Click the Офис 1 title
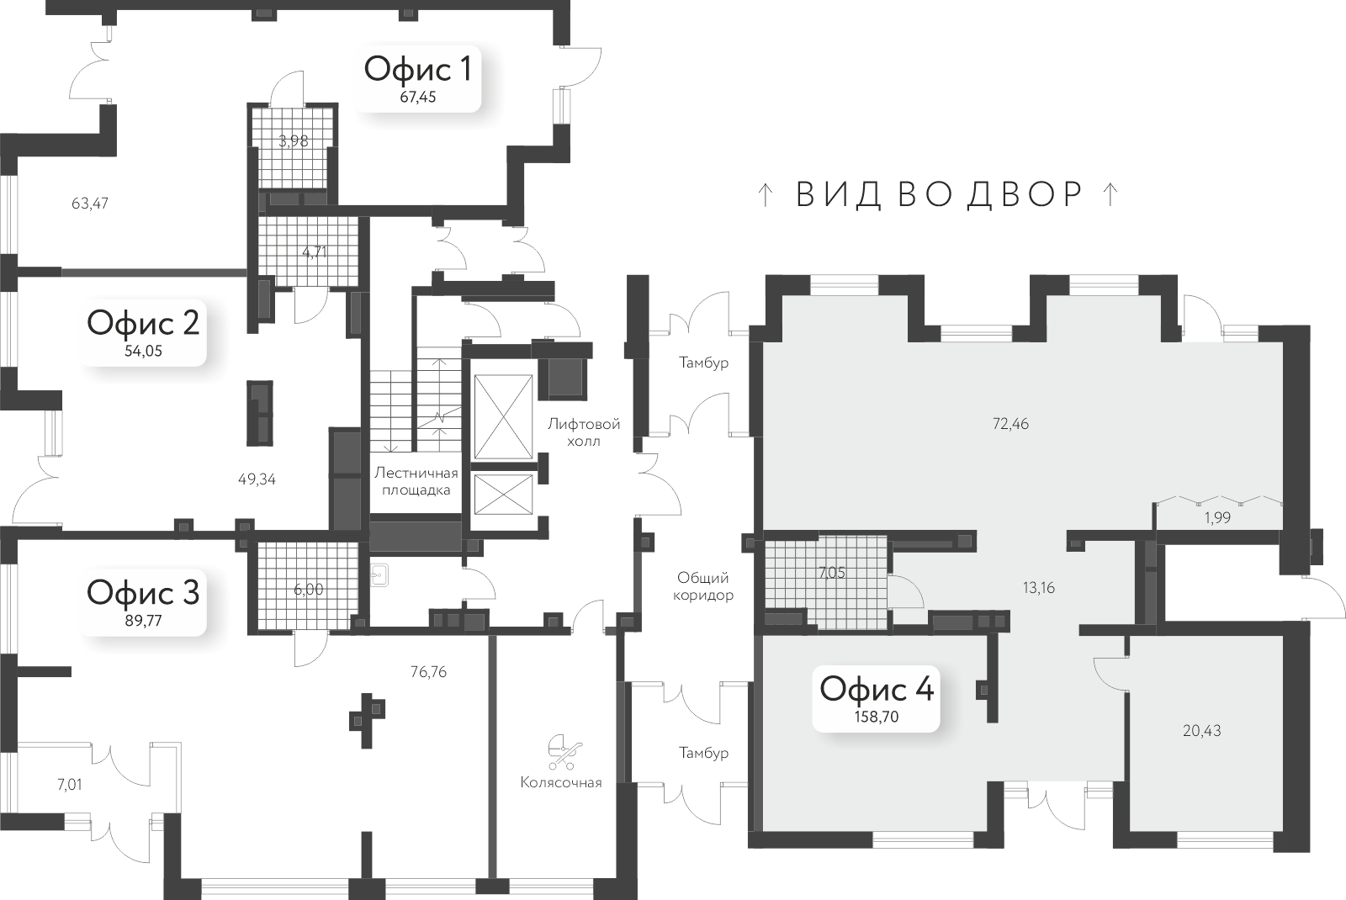(x=417, y=70)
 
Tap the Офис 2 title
(x=143, y=323)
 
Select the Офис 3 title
(x=143, y=593)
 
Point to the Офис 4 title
(x=877, y=689)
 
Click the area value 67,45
(x=418, y=98)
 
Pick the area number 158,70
(x=877, y=717)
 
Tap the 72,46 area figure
(x=1010, y=424)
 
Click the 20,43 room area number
(x=1202, y=731)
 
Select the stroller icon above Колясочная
(x=564, y=752)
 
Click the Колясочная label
(x=561, y=783)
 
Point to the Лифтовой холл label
(x=584, y=432)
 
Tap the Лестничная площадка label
(x=416, y=481)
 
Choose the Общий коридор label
(x=703, y=586)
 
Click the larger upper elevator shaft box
(x=504, y=417)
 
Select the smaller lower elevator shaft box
(x=504, y=494)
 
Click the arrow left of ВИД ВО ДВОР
(x=765, y=195)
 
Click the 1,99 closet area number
(x=1217, y=518)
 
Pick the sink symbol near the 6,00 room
(x=379, y=575)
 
